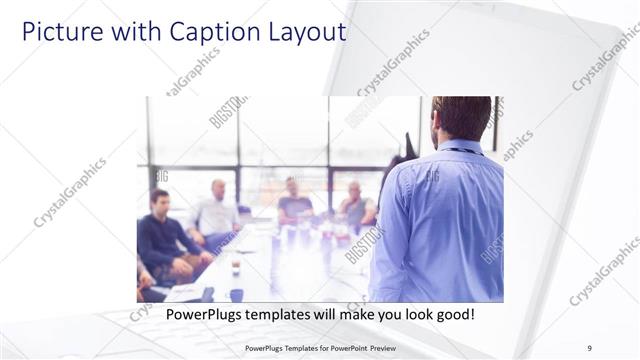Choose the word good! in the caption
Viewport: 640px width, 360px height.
453,315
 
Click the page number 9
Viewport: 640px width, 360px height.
590,347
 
